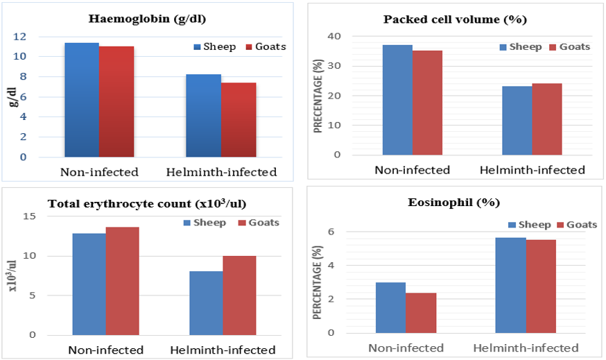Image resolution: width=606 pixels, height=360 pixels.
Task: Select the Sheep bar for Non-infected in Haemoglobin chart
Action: coord(82,100)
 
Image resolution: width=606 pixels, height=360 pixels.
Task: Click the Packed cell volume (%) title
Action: coord(455,19)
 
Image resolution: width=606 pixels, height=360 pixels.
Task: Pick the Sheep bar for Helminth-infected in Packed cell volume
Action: coord(517,121)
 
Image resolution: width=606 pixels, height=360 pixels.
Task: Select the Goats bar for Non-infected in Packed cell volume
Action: coord(428,103)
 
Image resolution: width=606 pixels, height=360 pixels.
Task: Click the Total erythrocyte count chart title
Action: coord(146,204)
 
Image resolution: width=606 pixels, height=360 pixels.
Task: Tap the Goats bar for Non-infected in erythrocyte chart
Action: coord(123,281)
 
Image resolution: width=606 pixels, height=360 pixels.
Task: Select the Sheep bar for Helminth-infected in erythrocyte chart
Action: coord(206,302)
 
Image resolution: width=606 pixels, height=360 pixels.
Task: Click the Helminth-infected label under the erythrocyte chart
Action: coord(223,350)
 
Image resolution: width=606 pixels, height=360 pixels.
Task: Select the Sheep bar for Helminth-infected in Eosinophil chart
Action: coord(510,285)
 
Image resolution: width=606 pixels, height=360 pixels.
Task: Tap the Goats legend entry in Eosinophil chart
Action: coord(575,225)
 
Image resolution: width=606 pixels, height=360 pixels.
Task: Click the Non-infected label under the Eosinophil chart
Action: coord(406,348)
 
